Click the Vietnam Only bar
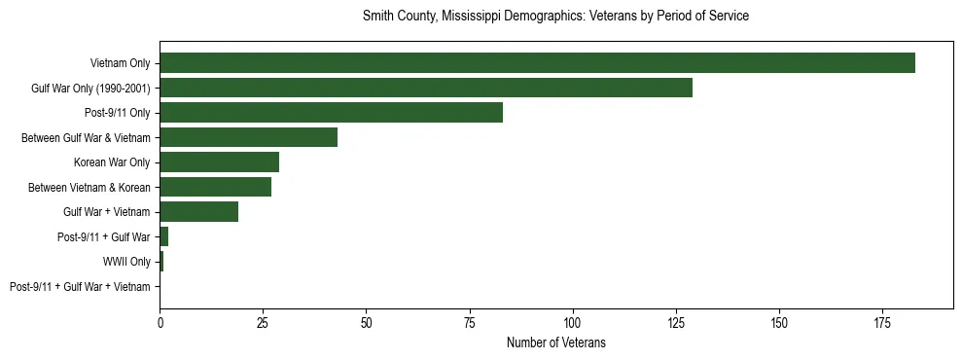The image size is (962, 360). coord(537,63)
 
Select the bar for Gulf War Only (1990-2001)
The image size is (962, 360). coord(426,88)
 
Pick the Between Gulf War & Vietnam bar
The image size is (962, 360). coord(248,137)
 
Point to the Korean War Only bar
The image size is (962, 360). coord(219,162)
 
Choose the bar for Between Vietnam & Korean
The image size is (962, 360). coord(215,187)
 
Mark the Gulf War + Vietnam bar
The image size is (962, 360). coord(198,212)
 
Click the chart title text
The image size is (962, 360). coord(555,17)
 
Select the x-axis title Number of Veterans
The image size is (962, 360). coord(555,342)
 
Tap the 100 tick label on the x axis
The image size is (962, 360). coord(572,322)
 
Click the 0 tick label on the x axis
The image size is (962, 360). coord(160,322)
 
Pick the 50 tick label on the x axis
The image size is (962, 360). coord(366,322)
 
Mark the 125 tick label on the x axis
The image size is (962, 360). coord(676,322)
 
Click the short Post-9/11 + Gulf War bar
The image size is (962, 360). coord(163,236)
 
